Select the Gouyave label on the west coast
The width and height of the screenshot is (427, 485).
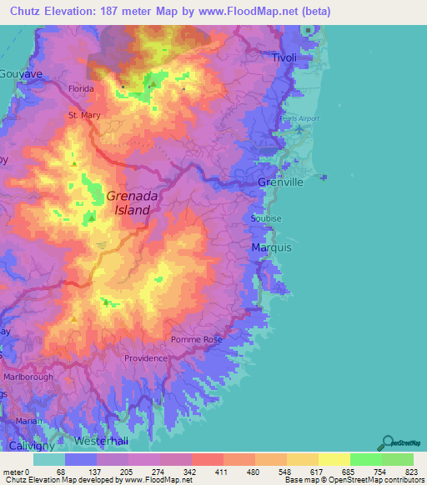[17, 74]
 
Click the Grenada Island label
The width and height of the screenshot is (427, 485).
[128, 203]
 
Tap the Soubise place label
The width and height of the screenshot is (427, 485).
[266, 218]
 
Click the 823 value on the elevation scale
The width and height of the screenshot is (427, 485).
[413, 472]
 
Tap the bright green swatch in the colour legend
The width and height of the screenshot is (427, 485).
[365, 459]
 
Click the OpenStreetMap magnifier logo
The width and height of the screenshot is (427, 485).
[389, 441]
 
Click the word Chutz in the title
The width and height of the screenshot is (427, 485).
[27, 12]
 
